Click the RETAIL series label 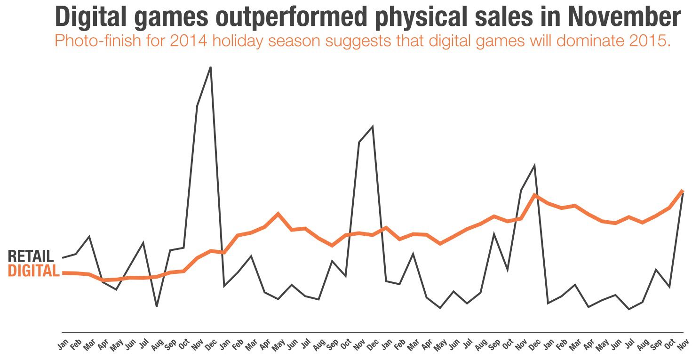(x=31, y=256)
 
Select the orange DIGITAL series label (x=34, y=271)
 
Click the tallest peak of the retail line (x=210, y=67)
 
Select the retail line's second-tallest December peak (x=373, y=127)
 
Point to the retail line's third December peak (x=534, y=166)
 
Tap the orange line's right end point (x=682, y=191)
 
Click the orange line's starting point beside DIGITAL (x=63, y=273)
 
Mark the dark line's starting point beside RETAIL (x=63, y=258)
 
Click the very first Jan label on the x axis (x=63, y=344)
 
